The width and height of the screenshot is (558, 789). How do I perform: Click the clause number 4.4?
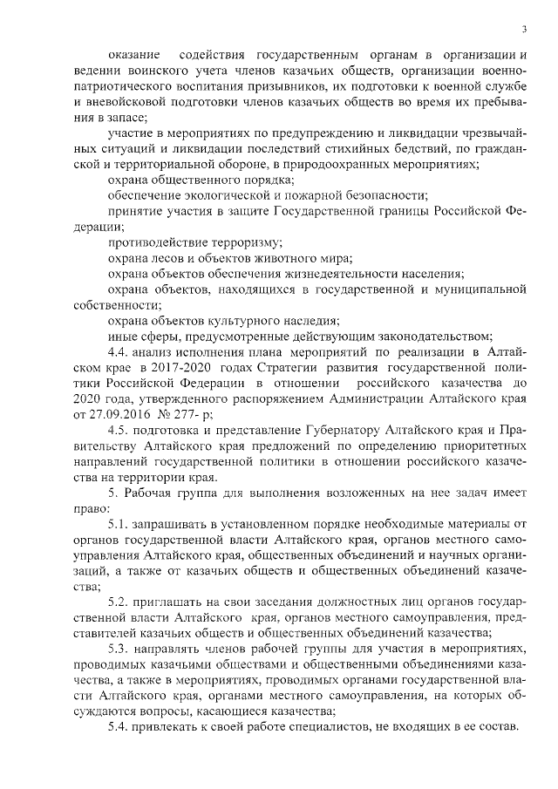[120, 351]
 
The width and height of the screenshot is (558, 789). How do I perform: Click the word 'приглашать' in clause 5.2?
[175, 603]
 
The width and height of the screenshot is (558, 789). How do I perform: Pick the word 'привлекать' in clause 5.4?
[174, 727]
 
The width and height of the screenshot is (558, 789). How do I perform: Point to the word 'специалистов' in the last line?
[328, 727]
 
